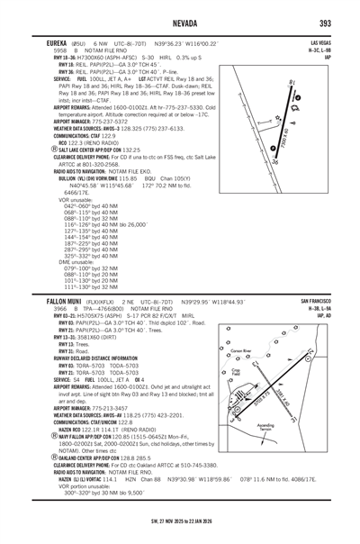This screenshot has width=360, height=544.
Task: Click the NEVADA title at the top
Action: (181, 22)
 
